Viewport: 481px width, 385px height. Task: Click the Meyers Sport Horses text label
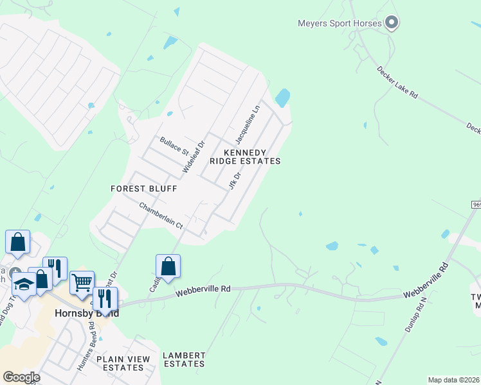click(x=340, y=24)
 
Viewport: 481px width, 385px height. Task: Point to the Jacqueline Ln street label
click(x=248, y=123)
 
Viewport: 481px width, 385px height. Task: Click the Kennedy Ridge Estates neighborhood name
click(x=251, y=157)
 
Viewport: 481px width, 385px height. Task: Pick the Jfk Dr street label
click(x=234, y=179)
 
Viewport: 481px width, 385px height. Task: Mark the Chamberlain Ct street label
click(x=161, y=216)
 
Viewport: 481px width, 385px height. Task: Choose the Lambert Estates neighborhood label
click(x=184, y=359)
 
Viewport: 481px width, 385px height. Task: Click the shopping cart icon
click(x=82, y=282)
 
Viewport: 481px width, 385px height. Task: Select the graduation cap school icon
click(x=24, y=284)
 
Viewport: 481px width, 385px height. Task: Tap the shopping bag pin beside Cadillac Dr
click(x=168, y=266)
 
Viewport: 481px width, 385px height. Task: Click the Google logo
click(x=21, y=377)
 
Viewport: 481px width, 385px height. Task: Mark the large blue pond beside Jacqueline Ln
click(x=282, y=98)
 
